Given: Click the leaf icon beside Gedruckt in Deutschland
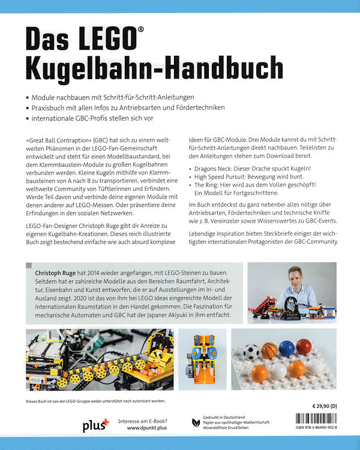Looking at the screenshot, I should tap(196, 423).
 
